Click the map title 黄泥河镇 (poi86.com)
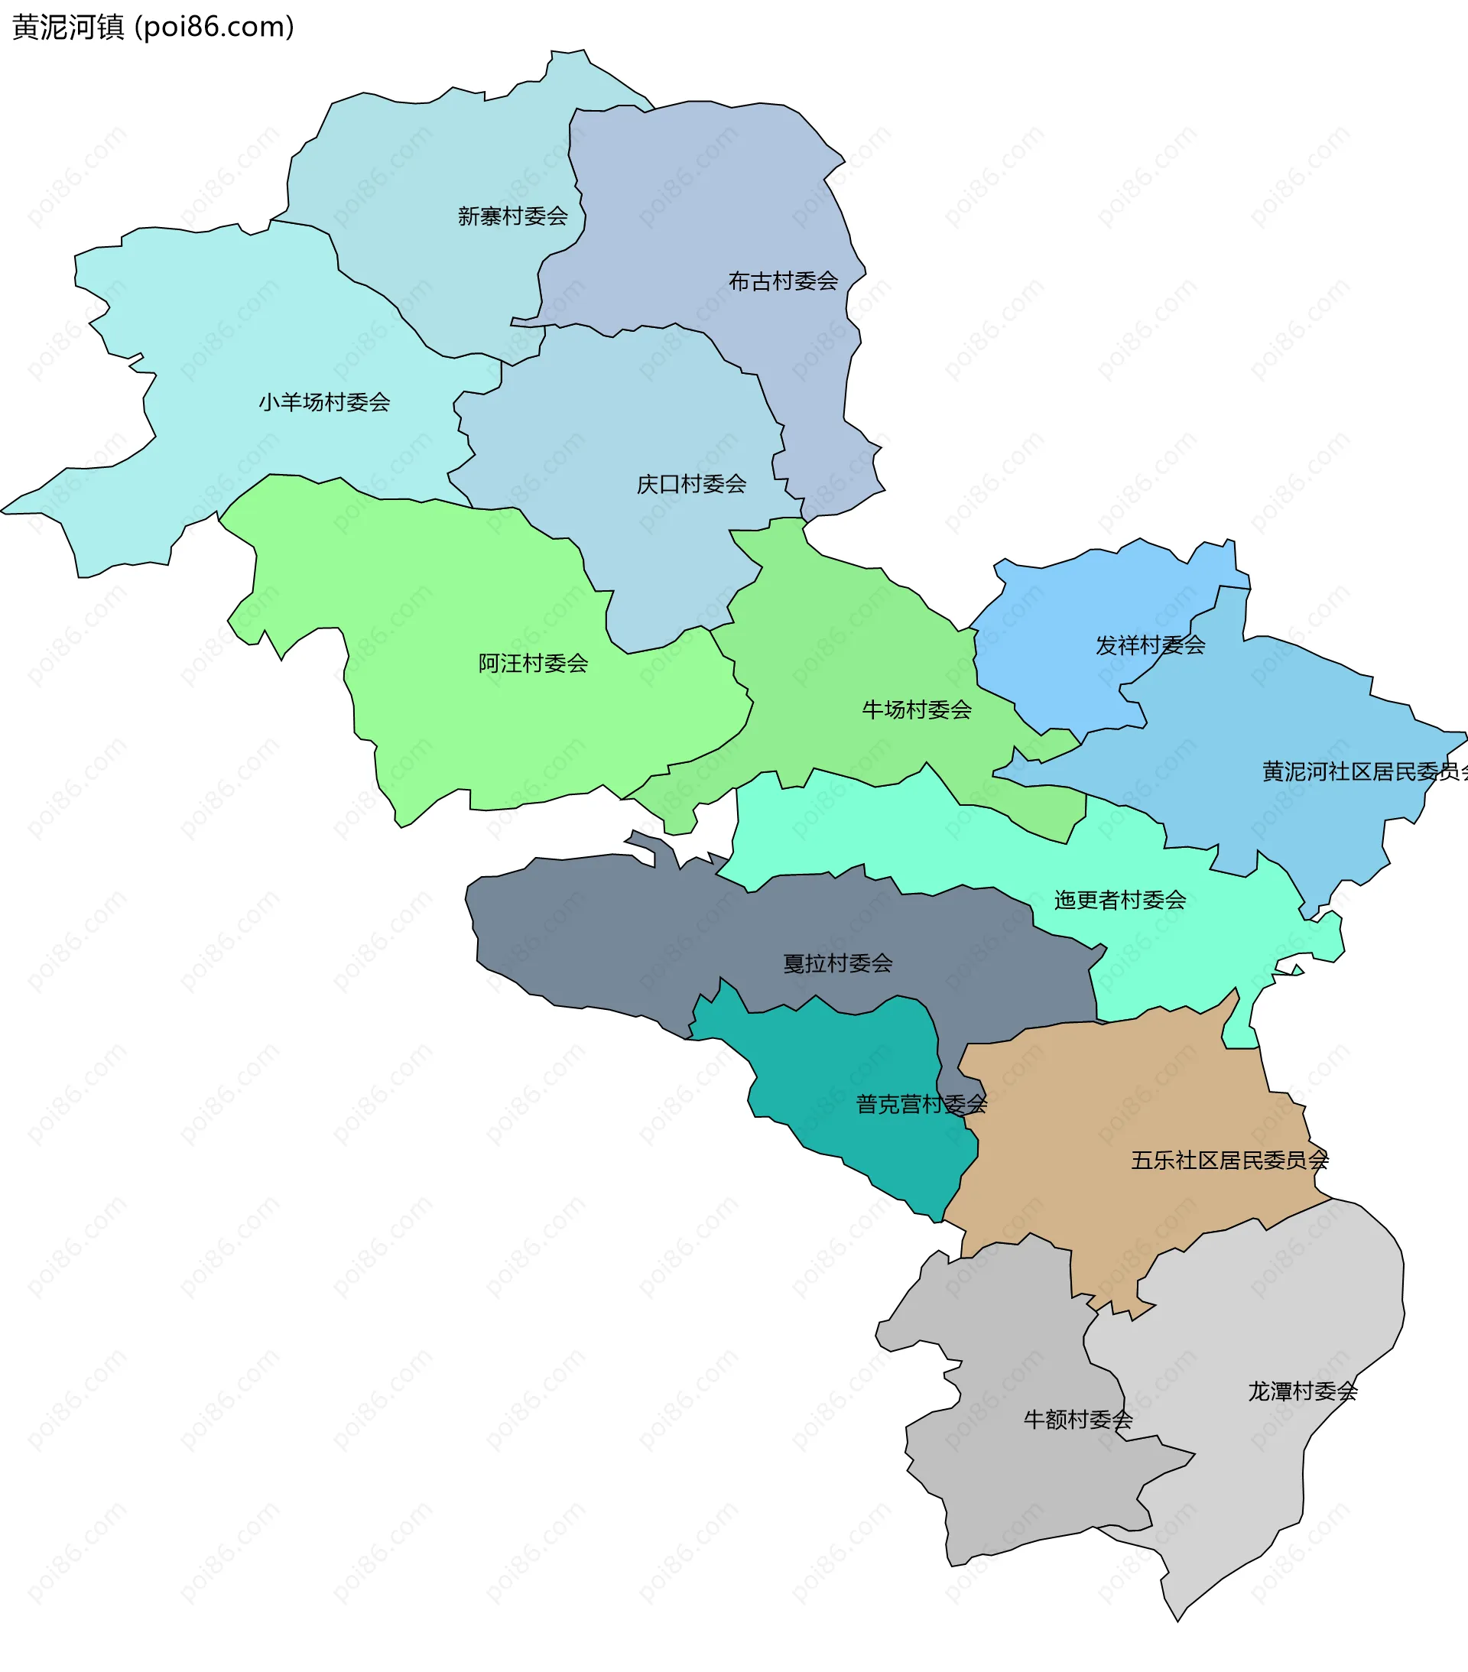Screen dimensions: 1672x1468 (153, 27)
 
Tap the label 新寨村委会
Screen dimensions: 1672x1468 (512, 216)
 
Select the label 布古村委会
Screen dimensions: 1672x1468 (783, 281)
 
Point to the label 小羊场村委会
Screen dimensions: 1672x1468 (324, 401)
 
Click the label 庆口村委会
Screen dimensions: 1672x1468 (691, 484)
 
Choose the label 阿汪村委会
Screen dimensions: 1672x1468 (533, 663)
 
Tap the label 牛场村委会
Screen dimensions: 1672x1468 (917, 709)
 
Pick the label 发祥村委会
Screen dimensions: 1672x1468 (1150, 645)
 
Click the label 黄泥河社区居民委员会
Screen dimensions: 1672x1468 (1363, 771)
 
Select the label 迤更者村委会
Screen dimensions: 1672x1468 (1119, 900)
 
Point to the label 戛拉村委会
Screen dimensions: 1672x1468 (837, 963)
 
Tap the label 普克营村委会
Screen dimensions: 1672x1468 (921, 1104)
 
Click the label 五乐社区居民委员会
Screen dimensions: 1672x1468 (1229, 1160)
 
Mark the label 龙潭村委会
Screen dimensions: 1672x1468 (1302, 1391)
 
